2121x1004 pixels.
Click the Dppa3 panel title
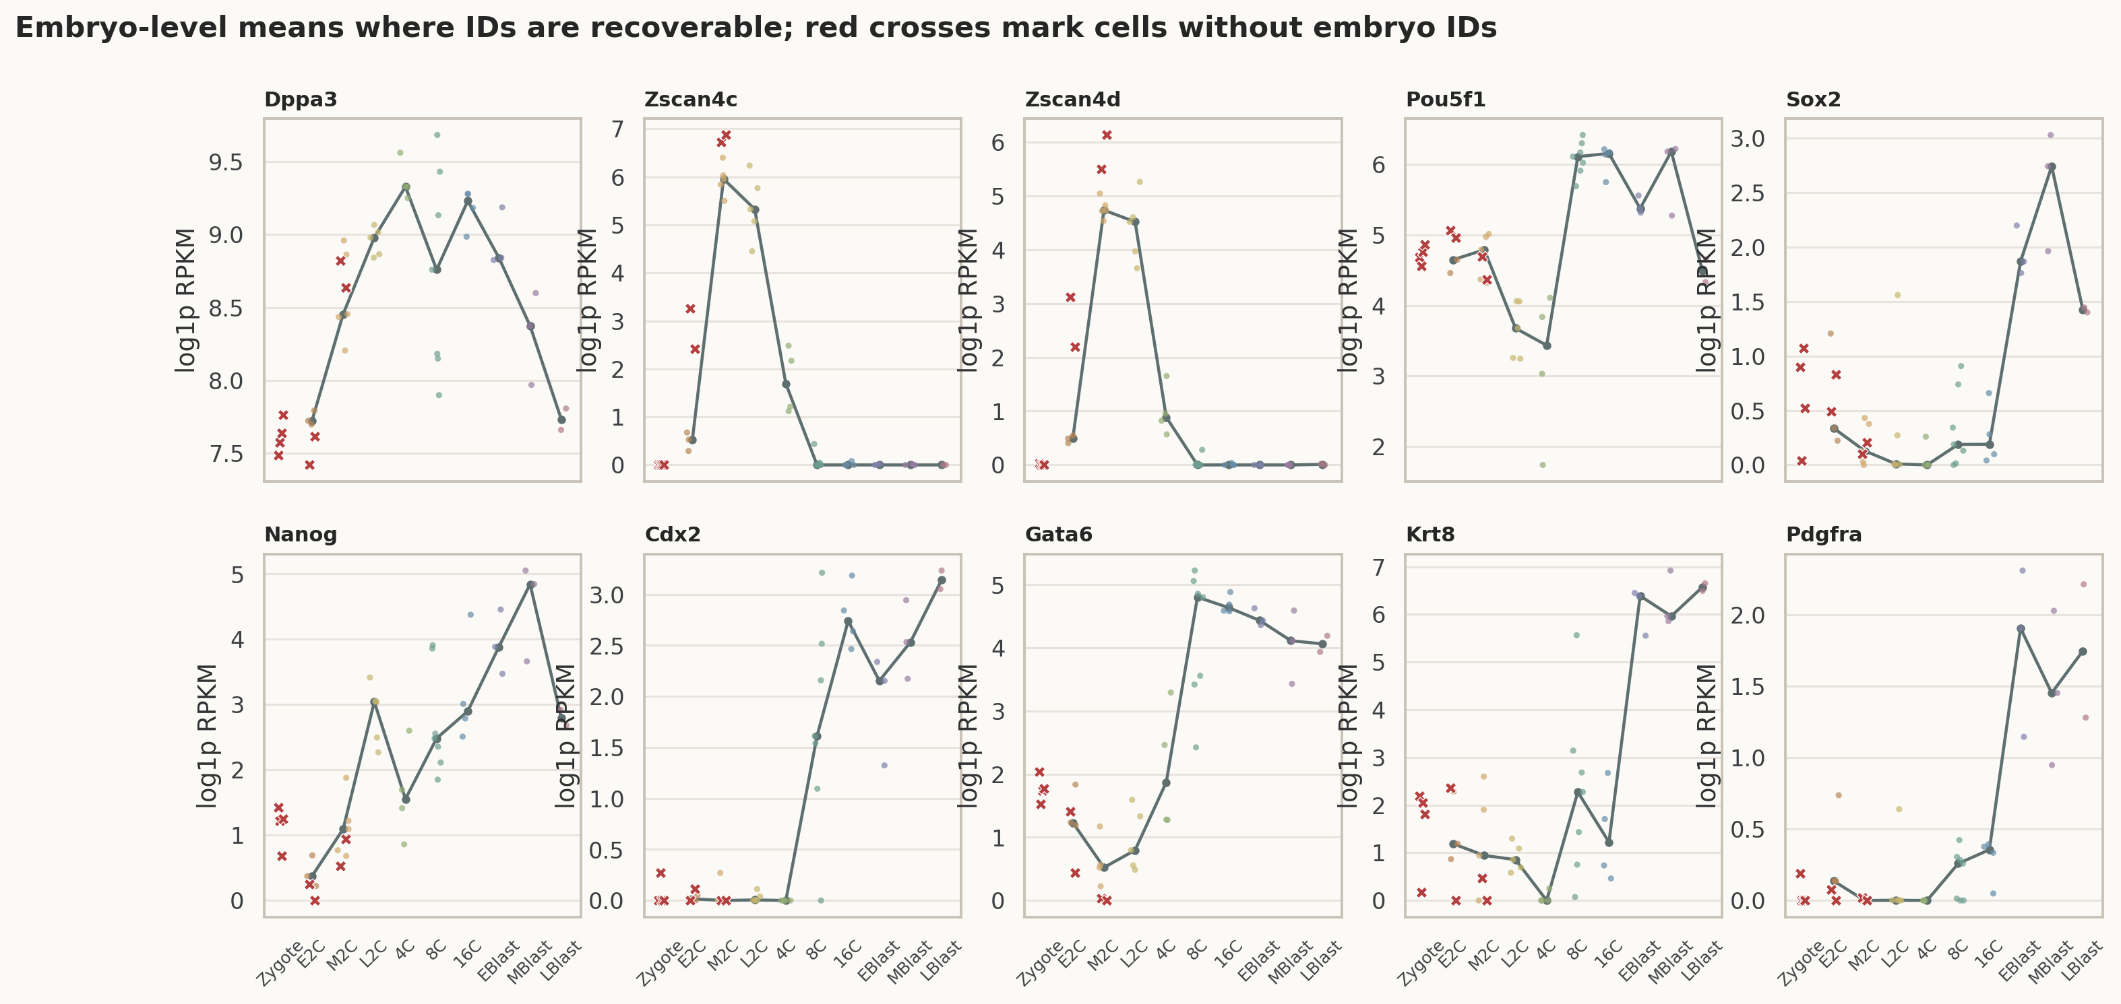[301, 100]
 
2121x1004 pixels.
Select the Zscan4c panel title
[691, 100]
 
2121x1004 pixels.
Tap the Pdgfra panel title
[1824, 535]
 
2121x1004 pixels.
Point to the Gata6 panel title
[1059, 535]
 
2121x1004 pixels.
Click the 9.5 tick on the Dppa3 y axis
[226, 162]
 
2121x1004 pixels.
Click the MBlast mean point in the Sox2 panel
[2052, 167]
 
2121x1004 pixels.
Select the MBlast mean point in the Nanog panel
[530, 585]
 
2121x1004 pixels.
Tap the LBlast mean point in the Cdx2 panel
[942, 580]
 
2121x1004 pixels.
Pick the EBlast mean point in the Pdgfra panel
[2021, 629]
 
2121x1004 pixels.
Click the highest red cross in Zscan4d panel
[1107, 135]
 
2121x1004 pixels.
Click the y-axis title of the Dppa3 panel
[187, 300]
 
